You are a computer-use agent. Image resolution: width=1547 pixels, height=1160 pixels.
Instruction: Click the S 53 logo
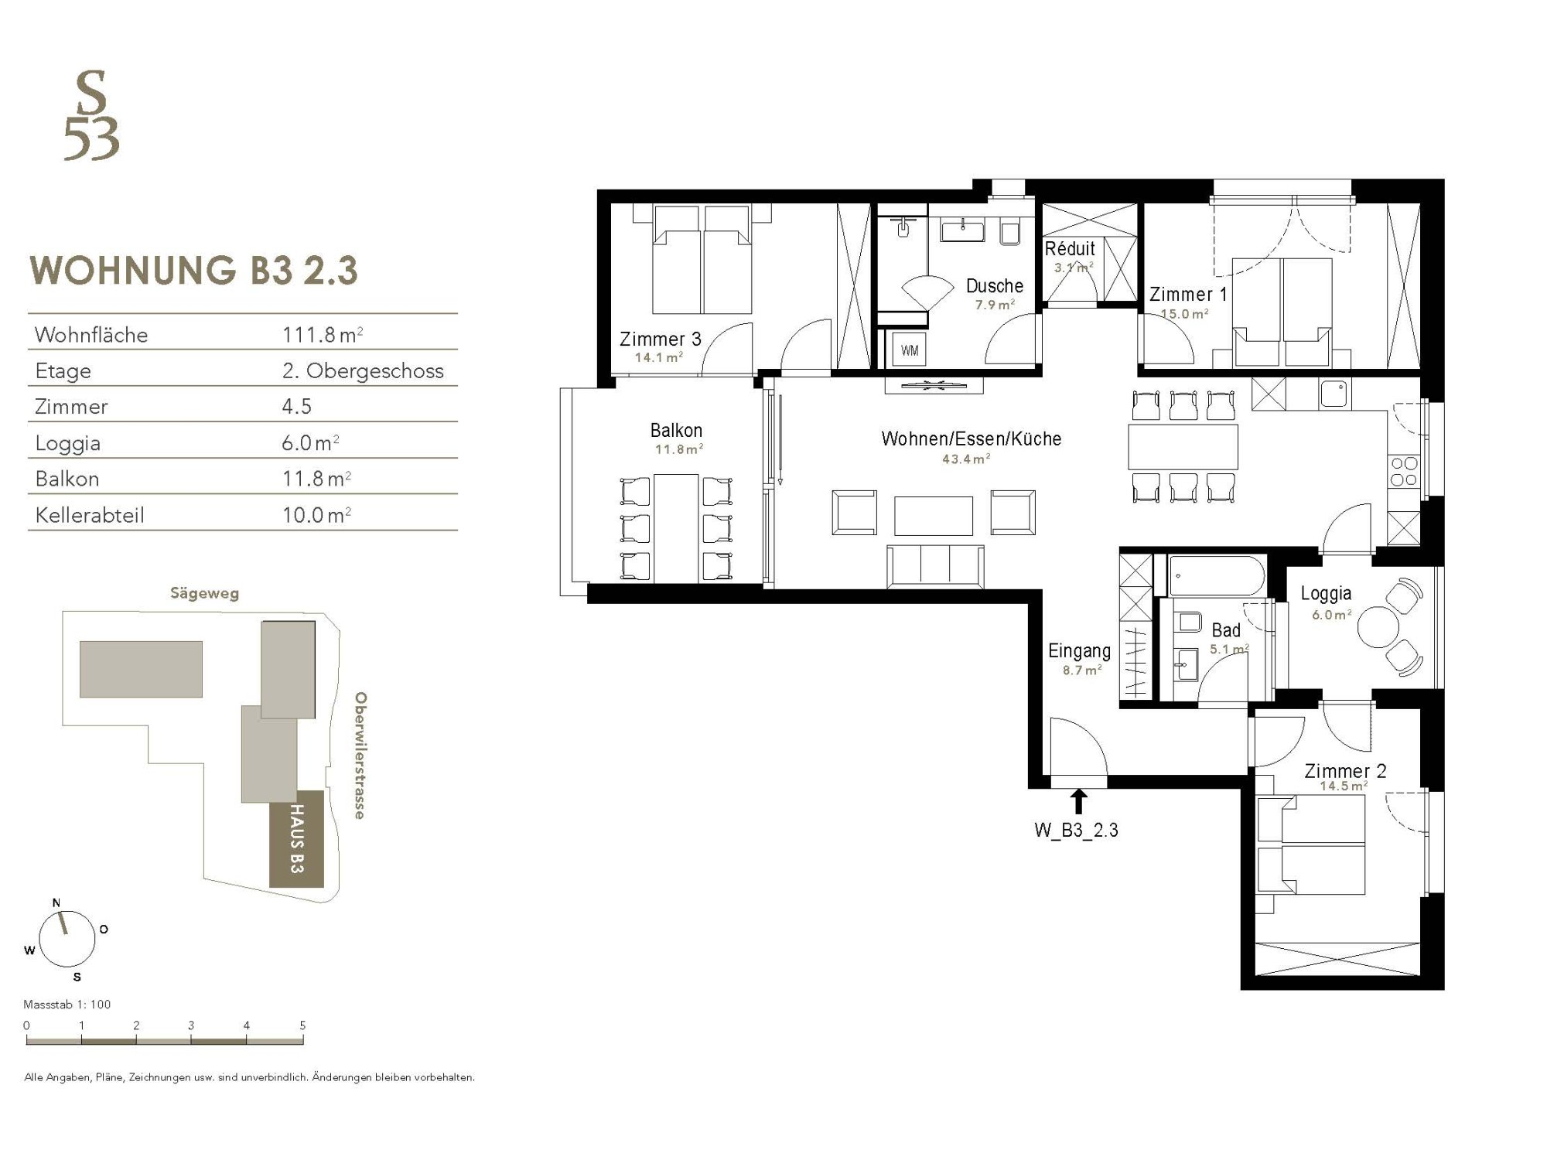pyautogui.click(x=91, y=115)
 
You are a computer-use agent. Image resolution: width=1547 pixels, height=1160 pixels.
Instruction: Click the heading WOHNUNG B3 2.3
pyautogui.click(x=193, y=271)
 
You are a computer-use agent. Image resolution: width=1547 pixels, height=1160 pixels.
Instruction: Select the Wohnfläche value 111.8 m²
pyautogui.click(x=323, y=334)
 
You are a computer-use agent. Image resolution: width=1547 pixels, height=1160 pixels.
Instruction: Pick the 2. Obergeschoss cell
pyautogui.click(x=363, y=370)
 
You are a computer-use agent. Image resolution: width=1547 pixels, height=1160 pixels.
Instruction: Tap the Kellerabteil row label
pyautogui.click(x=90, y=515)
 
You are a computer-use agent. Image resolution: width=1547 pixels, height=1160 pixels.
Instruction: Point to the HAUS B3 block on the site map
pyautogui.click(x=296, y=839)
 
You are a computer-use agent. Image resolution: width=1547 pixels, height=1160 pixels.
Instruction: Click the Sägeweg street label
pyautogui.click(x=205, y=594)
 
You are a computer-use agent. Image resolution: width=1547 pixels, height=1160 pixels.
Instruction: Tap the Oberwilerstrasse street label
pyautogui.click(x=360, y=756)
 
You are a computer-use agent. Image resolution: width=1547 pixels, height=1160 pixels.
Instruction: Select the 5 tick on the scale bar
pyautogui.click(x=302, y=1025)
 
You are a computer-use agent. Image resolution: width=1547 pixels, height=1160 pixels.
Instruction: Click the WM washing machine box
pyautogui.click(x=910, y=350)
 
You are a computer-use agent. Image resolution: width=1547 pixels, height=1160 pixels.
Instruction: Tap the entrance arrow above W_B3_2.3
pyautogui.click(x=1078, y=801)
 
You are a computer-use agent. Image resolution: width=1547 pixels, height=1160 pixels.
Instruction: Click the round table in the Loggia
pyautogui.click(x=1378, y=626)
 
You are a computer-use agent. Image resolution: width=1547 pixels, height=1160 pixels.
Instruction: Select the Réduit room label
pyautogui.click(x=1070, y=249)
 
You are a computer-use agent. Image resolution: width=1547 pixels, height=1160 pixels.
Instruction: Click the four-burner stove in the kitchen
pyautogui.click(x=1404, y=472)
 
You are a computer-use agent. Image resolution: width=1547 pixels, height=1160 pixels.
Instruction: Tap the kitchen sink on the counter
pyautogui.click(x=1334, y=394)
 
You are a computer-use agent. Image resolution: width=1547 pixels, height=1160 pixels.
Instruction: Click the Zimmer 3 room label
pyautogui.click(x=660, y=339)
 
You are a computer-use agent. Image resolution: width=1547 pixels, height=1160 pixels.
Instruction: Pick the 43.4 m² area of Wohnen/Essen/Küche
pyautogui.click(x=966, y=459)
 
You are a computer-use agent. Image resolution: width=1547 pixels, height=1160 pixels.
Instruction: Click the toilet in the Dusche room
pyautogui.click(x=1009, y=231)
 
